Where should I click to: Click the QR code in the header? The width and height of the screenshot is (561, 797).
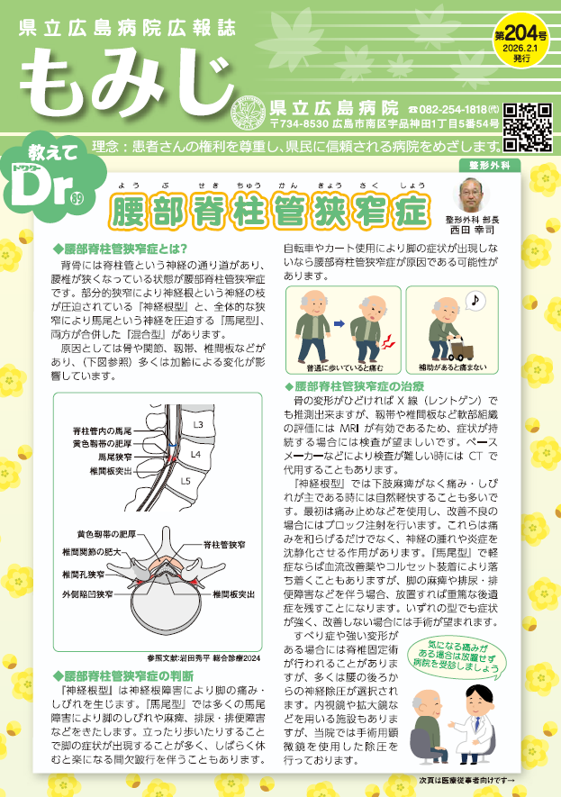tap(528, 128)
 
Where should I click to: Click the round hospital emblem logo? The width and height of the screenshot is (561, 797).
tap(249, 113)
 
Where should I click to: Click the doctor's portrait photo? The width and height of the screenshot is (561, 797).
tap(471, 195)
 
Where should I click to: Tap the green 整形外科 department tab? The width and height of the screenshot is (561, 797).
tap(490, 165)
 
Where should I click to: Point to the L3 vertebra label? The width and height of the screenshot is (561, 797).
tap(198, 424)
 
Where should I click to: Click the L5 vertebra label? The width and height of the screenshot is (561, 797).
tap(185, 480)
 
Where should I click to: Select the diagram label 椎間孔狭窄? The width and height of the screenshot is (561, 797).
tap(84, 575)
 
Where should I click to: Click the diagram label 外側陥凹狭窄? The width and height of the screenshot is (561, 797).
tap(87, 593)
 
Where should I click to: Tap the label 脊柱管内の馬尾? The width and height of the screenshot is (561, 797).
tap(102, 431)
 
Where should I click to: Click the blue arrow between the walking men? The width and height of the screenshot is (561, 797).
tap(339, 323)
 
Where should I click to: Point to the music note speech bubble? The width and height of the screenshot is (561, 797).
tap(475, 301)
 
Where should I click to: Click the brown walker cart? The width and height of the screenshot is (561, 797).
tap(461, 349)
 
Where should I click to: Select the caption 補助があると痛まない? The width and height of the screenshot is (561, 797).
tap(452, 367)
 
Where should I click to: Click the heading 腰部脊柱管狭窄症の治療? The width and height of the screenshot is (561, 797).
tap(354, 386)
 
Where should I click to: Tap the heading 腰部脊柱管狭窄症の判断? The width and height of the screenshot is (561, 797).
tap(123, 676)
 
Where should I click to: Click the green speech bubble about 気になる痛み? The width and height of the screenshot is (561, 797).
tap(459, 657)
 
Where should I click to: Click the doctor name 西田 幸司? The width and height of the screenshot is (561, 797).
tap(472, 230)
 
